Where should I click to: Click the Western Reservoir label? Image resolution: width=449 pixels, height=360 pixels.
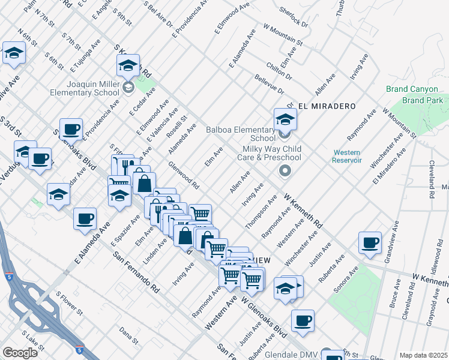(x=347, y=156)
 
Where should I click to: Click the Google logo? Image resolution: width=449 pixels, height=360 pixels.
(x=20, y=353)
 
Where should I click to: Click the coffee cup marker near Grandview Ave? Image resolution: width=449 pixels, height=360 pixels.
(x=370, y=243)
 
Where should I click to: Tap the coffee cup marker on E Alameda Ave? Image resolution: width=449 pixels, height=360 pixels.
(x=85, y=218)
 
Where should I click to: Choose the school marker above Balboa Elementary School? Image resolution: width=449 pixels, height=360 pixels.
(x=285, y=119)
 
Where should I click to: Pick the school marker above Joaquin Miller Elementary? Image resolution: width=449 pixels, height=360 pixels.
(x=128, y=65)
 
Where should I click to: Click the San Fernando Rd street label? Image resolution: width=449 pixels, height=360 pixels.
(x=136, y=271)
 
